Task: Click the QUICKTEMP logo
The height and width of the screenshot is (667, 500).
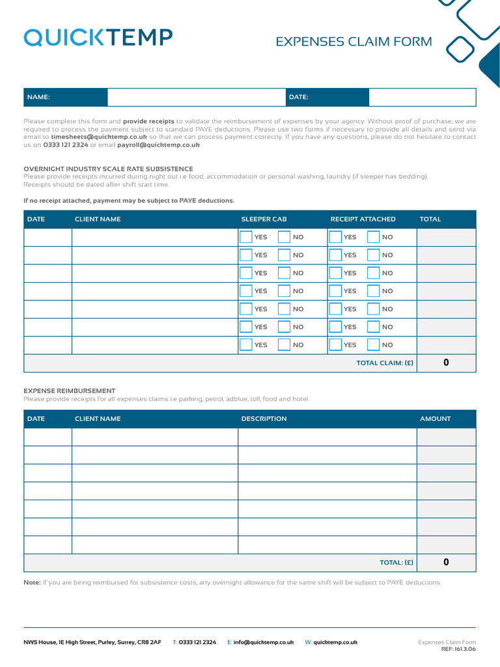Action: point(98,38)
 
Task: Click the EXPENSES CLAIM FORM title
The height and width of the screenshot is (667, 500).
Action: point(354,42)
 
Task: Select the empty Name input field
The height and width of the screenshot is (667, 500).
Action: point(196,97)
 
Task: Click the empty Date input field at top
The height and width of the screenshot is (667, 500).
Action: point(422,97)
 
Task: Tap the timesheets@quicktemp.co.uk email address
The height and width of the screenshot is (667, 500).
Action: point(99,138)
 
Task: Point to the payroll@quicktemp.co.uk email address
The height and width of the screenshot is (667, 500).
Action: point(158,145)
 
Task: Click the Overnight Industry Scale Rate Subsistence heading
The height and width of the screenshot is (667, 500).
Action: point(108,169)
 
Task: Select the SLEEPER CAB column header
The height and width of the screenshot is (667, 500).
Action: point(264,219)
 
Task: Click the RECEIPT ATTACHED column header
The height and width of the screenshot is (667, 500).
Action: point(363,219)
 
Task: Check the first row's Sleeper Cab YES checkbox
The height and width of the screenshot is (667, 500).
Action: point(245,237)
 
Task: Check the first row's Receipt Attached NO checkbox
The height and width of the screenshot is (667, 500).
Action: point(373,237)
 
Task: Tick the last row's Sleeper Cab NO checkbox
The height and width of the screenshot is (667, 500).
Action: point(284,345)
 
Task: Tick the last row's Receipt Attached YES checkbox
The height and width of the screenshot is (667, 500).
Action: point(335,345)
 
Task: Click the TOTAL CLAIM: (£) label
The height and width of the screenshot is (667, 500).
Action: point(385,363)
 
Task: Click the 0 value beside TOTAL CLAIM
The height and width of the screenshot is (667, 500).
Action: point(446,363)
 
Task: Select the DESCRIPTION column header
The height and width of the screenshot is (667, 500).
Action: point(264,419)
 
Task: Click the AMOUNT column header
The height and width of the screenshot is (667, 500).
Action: point(435,419)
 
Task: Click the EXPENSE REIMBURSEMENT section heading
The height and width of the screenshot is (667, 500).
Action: point(70,391)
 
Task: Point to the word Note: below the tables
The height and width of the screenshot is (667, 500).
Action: point(32,582)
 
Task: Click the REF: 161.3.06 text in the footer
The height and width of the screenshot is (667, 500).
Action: point(458,649)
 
